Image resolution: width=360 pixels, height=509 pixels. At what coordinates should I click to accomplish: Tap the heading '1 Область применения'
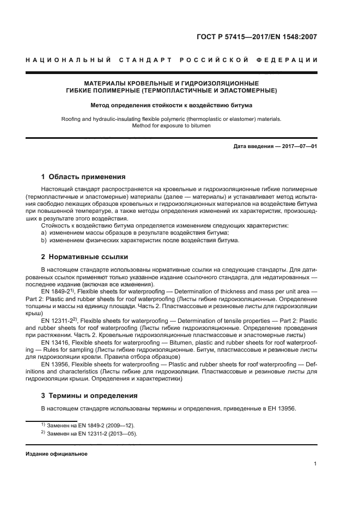84,177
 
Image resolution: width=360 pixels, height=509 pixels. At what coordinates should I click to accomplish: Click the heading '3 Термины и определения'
90,395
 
